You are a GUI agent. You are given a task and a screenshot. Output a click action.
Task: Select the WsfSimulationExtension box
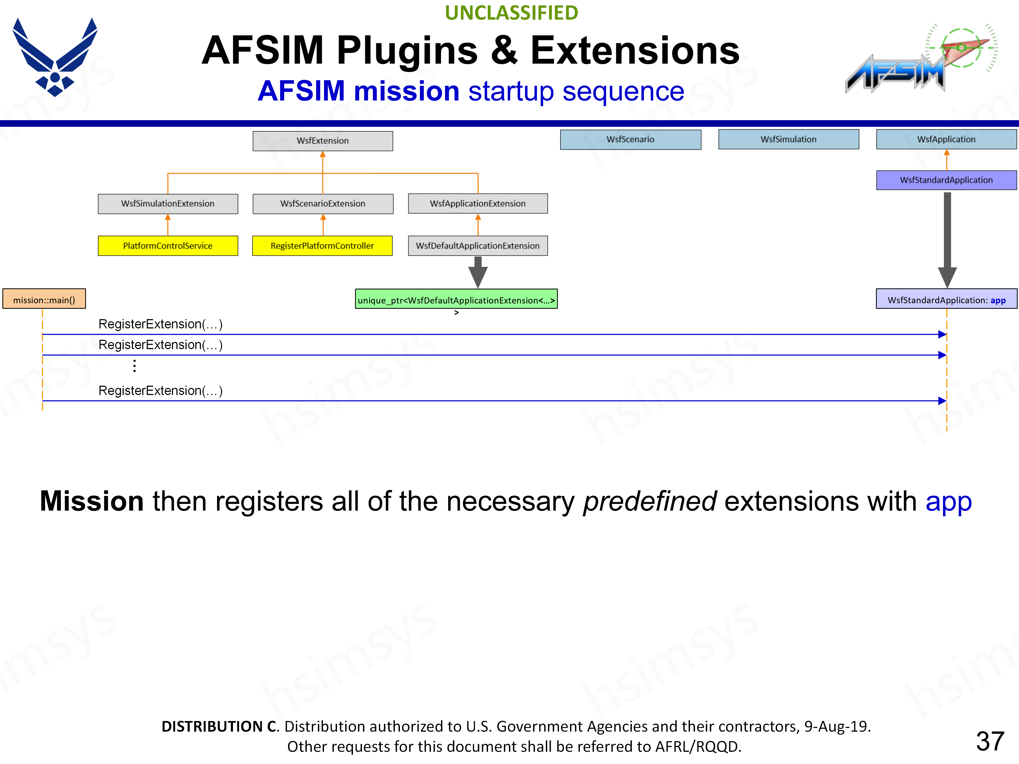click(x=168, y=203)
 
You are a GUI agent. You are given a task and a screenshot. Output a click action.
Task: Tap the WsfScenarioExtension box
click(x=322, y=203)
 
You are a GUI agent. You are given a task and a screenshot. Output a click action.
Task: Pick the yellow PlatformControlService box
click(x=168, y=245)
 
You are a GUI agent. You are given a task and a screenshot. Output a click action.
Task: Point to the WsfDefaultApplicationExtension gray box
click(x=478, y=245)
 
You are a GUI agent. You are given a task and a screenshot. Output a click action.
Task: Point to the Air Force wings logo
click(x=55, y=58)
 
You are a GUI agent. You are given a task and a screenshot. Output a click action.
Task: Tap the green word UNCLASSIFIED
click(x=511, y=13)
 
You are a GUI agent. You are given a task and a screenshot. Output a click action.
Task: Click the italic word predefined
click(x=650, y=501)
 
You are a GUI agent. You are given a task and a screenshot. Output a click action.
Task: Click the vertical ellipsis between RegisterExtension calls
click(x=135, y=366)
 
